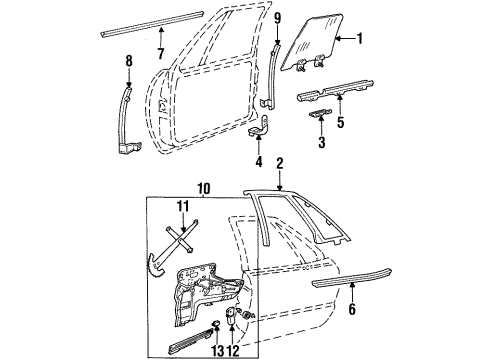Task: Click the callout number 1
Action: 361,39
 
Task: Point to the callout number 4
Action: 258,162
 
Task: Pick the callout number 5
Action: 341,123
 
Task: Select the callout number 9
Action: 278,16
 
